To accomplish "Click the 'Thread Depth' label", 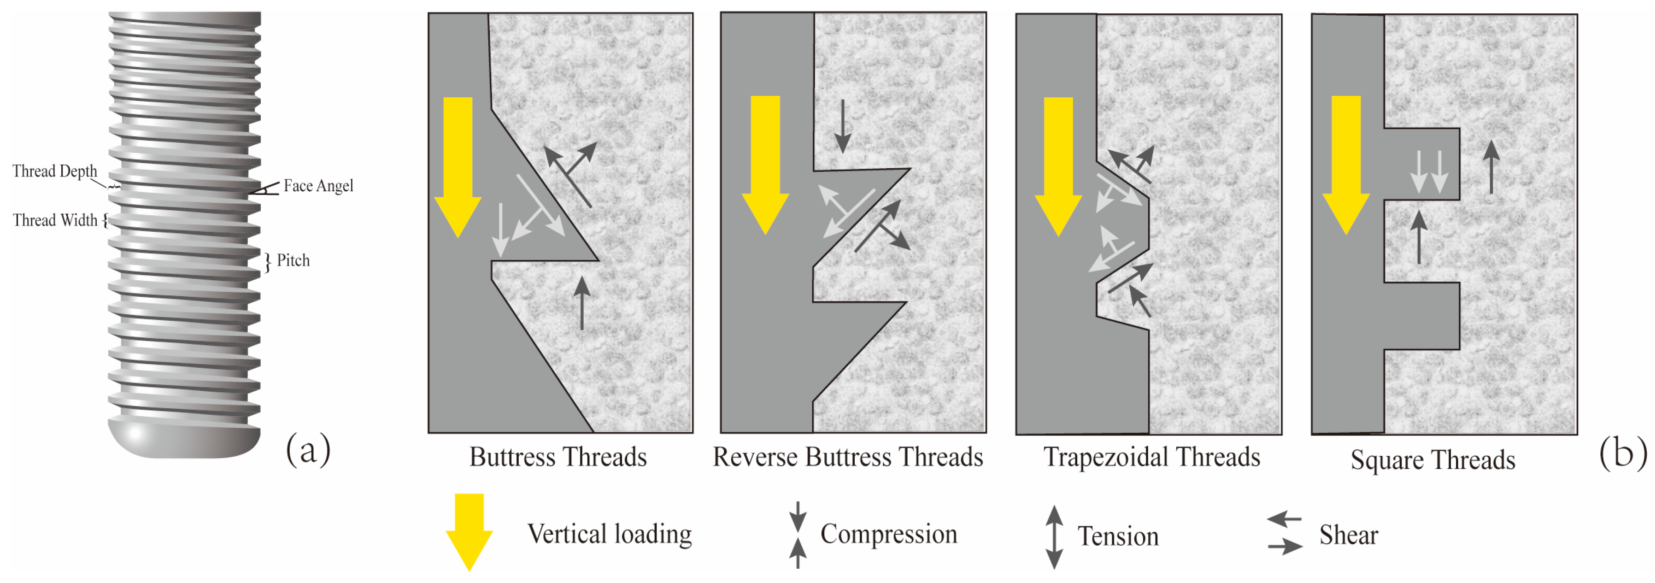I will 55,171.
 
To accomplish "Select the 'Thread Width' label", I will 55,220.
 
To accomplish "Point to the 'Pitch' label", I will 293,260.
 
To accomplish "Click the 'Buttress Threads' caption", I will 558,457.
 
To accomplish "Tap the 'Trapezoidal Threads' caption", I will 1151,457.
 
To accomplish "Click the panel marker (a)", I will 308,449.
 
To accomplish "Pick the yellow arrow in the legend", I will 469,530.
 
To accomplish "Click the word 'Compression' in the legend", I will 888,534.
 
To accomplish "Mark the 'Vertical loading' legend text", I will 609,534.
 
